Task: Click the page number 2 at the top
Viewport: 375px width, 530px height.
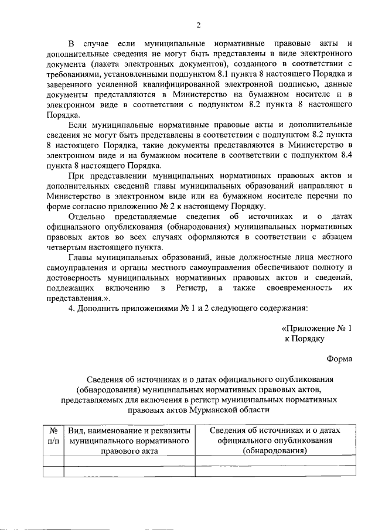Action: tap(198, 25)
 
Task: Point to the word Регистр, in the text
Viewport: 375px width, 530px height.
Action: tap(180, 289)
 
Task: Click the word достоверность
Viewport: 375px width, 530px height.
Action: tap(76, 278)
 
